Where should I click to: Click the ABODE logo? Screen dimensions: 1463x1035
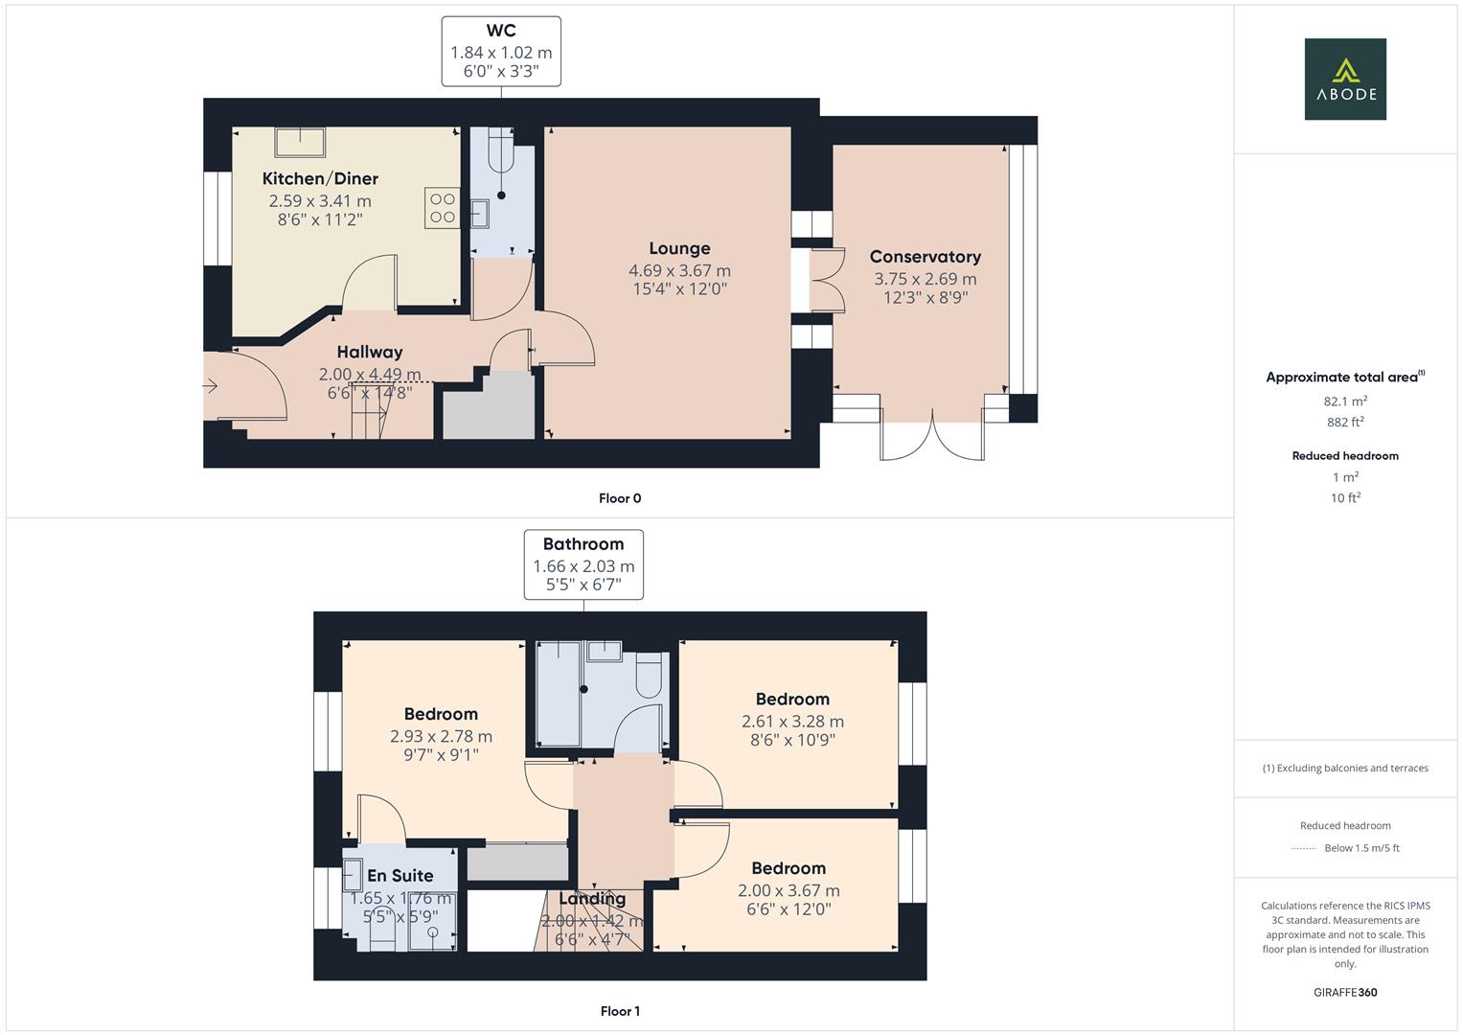click(x=1345, y=79)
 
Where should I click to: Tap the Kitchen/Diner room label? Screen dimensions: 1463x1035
click(x=320, y=178)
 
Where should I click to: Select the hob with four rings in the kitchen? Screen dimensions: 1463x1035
click(x=443, y=208)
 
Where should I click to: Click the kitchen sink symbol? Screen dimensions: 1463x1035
click(x=300, y=143)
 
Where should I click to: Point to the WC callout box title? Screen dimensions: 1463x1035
click(x=501, y=30)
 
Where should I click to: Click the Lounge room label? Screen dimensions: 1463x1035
click(x=679, y=248)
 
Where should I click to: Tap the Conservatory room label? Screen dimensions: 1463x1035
click(x=925, y=257)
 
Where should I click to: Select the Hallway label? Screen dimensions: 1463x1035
click(x=370, y=353)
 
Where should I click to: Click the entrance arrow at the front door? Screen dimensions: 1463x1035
click(x=210, y=386)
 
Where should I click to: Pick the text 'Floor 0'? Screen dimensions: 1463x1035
click(x=620, y=498)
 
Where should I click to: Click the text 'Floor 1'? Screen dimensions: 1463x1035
click(x=620, y=1011)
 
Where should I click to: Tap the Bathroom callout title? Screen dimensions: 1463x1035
click(x=583, y=544)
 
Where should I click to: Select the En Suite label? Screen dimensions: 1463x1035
click(x=400, y=876)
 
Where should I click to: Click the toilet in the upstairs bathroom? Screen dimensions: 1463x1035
click(x=649, y=675)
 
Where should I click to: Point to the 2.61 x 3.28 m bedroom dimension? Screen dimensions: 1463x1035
click(x=792, y=722)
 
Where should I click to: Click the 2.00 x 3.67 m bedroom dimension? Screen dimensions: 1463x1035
click(x=789, y=890)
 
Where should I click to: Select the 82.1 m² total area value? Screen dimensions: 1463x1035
click(x=1345, y=402)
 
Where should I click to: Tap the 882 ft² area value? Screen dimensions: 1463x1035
click(x=1345, y=422)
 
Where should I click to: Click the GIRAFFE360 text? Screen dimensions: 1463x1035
click(x=1345, y=993)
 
